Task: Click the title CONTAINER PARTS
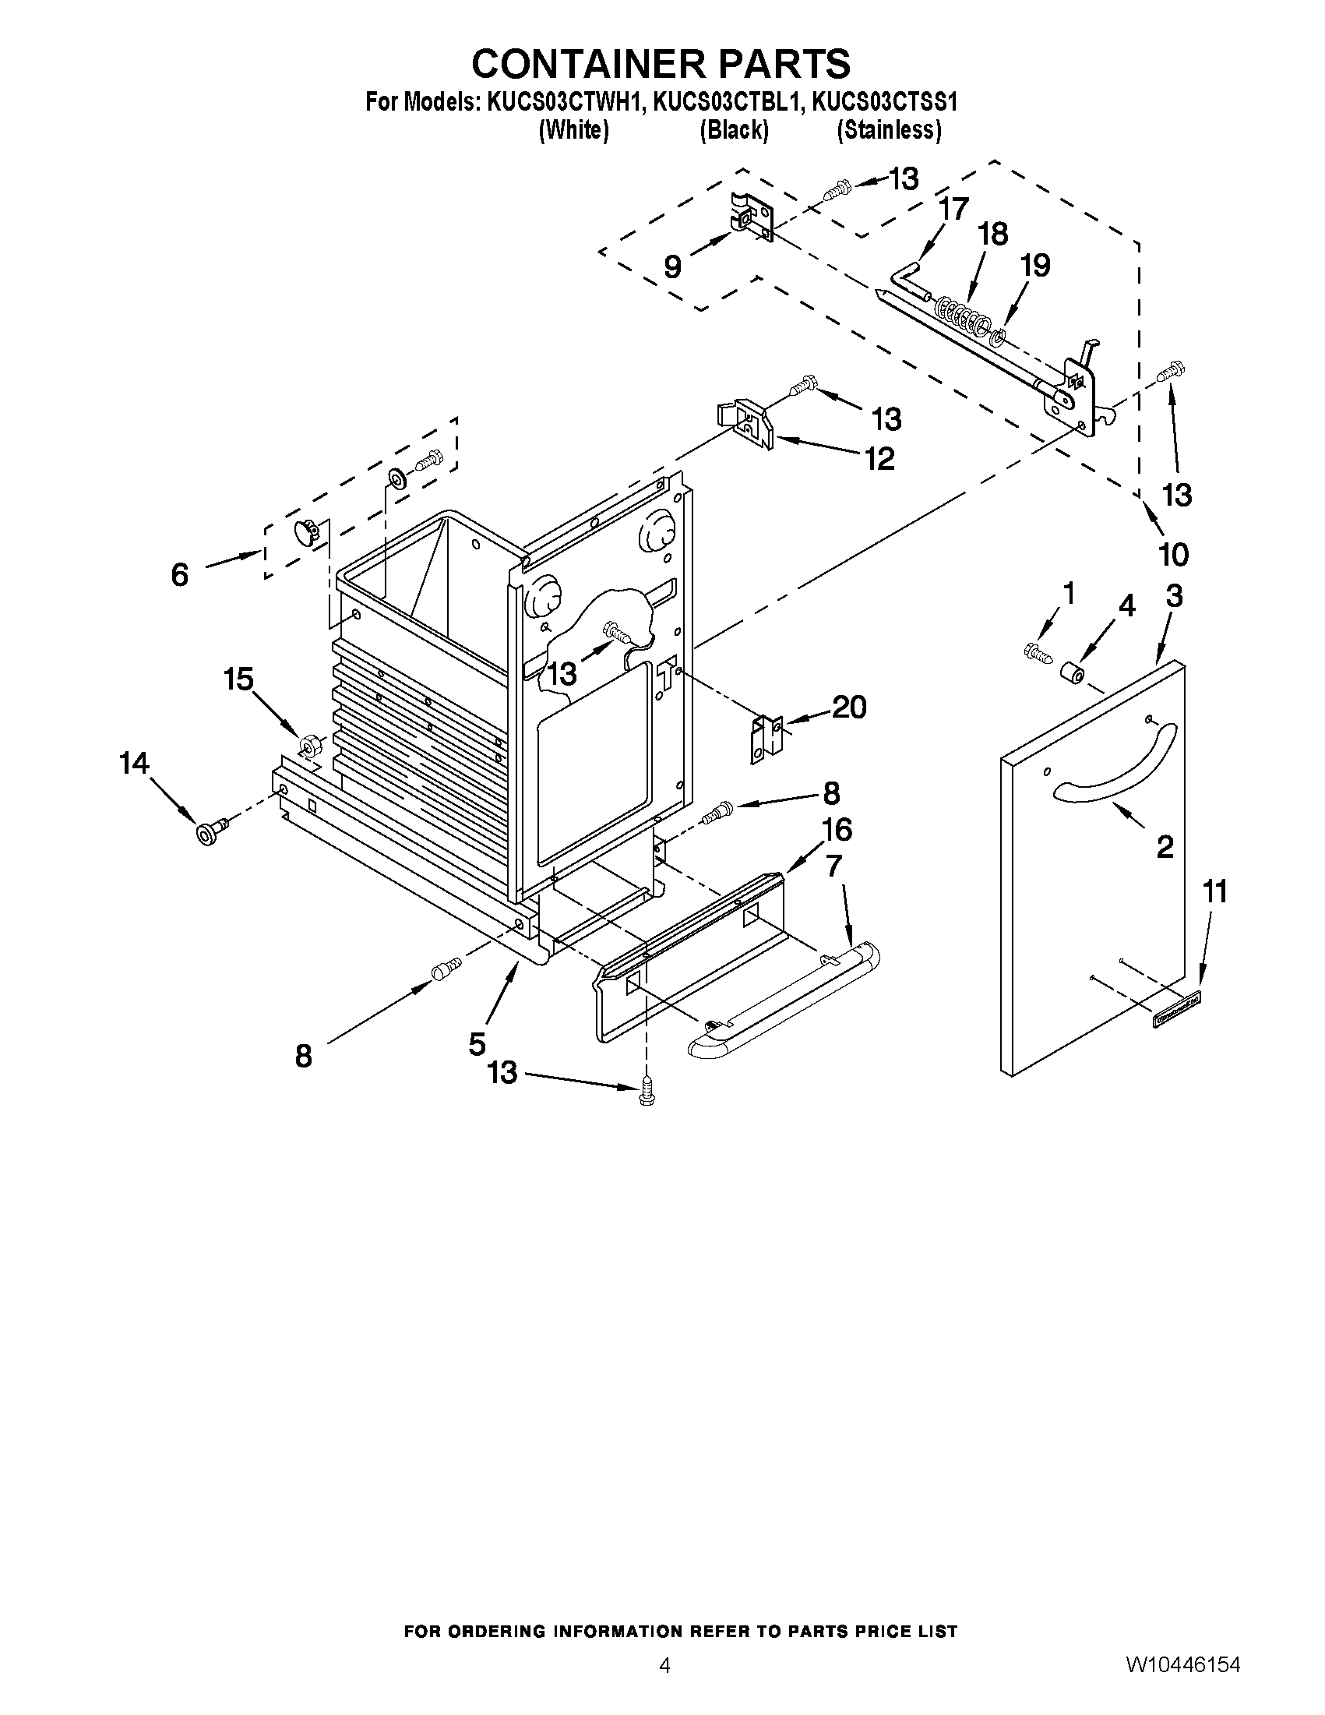tap(661, 63)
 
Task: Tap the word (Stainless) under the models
tap(889, 129)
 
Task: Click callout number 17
tap(953, 210)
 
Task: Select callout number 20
tap(848, 708)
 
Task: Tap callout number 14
tap(134, 763)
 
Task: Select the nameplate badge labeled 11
tap(1178, 1020)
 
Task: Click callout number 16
tap(836, 830)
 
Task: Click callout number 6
tap(179, 575)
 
